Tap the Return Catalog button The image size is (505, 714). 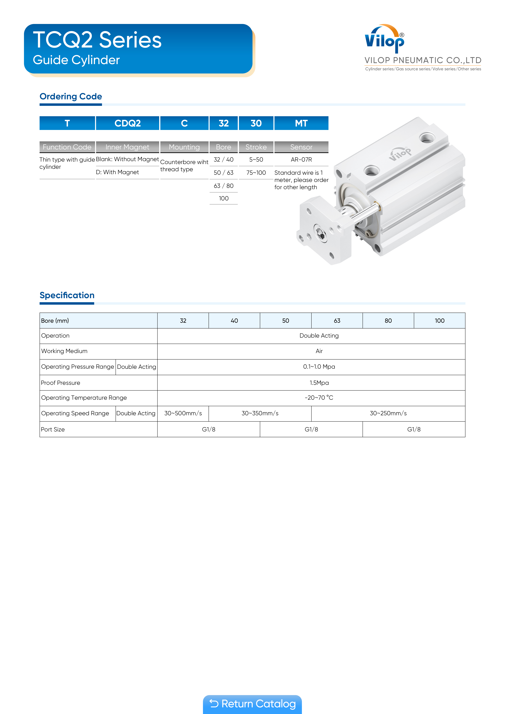point(252,704)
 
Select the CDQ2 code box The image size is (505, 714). point(128,123)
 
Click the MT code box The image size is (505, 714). point(301,123)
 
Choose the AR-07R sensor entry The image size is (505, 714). point(301,160)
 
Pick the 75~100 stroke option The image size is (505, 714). point(256,173)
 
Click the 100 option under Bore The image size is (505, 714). point(223,198)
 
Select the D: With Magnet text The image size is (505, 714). point(117,172)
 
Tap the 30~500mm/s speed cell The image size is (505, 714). point(183,413)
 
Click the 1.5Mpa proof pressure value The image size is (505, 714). point(319,383)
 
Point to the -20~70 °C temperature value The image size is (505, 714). point(319,398)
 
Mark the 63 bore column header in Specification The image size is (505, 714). point(337,321)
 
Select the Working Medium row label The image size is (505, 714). point(64,351)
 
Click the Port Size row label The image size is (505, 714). point(53,429)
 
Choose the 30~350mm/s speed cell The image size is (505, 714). point(260,413)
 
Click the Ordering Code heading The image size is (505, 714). point(71,96)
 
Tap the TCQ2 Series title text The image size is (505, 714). point(97,40)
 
